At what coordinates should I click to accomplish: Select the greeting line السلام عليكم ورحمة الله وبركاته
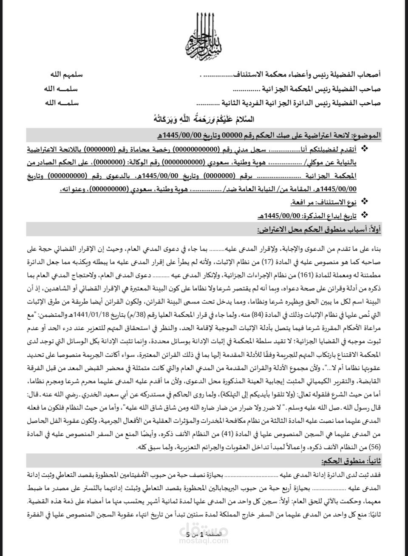204,118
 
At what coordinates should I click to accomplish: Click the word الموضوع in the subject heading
369,135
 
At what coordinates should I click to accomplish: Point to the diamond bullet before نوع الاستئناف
364,201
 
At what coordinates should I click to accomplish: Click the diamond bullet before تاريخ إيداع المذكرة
364,215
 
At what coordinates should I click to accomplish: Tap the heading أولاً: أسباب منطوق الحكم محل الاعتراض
319,229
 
